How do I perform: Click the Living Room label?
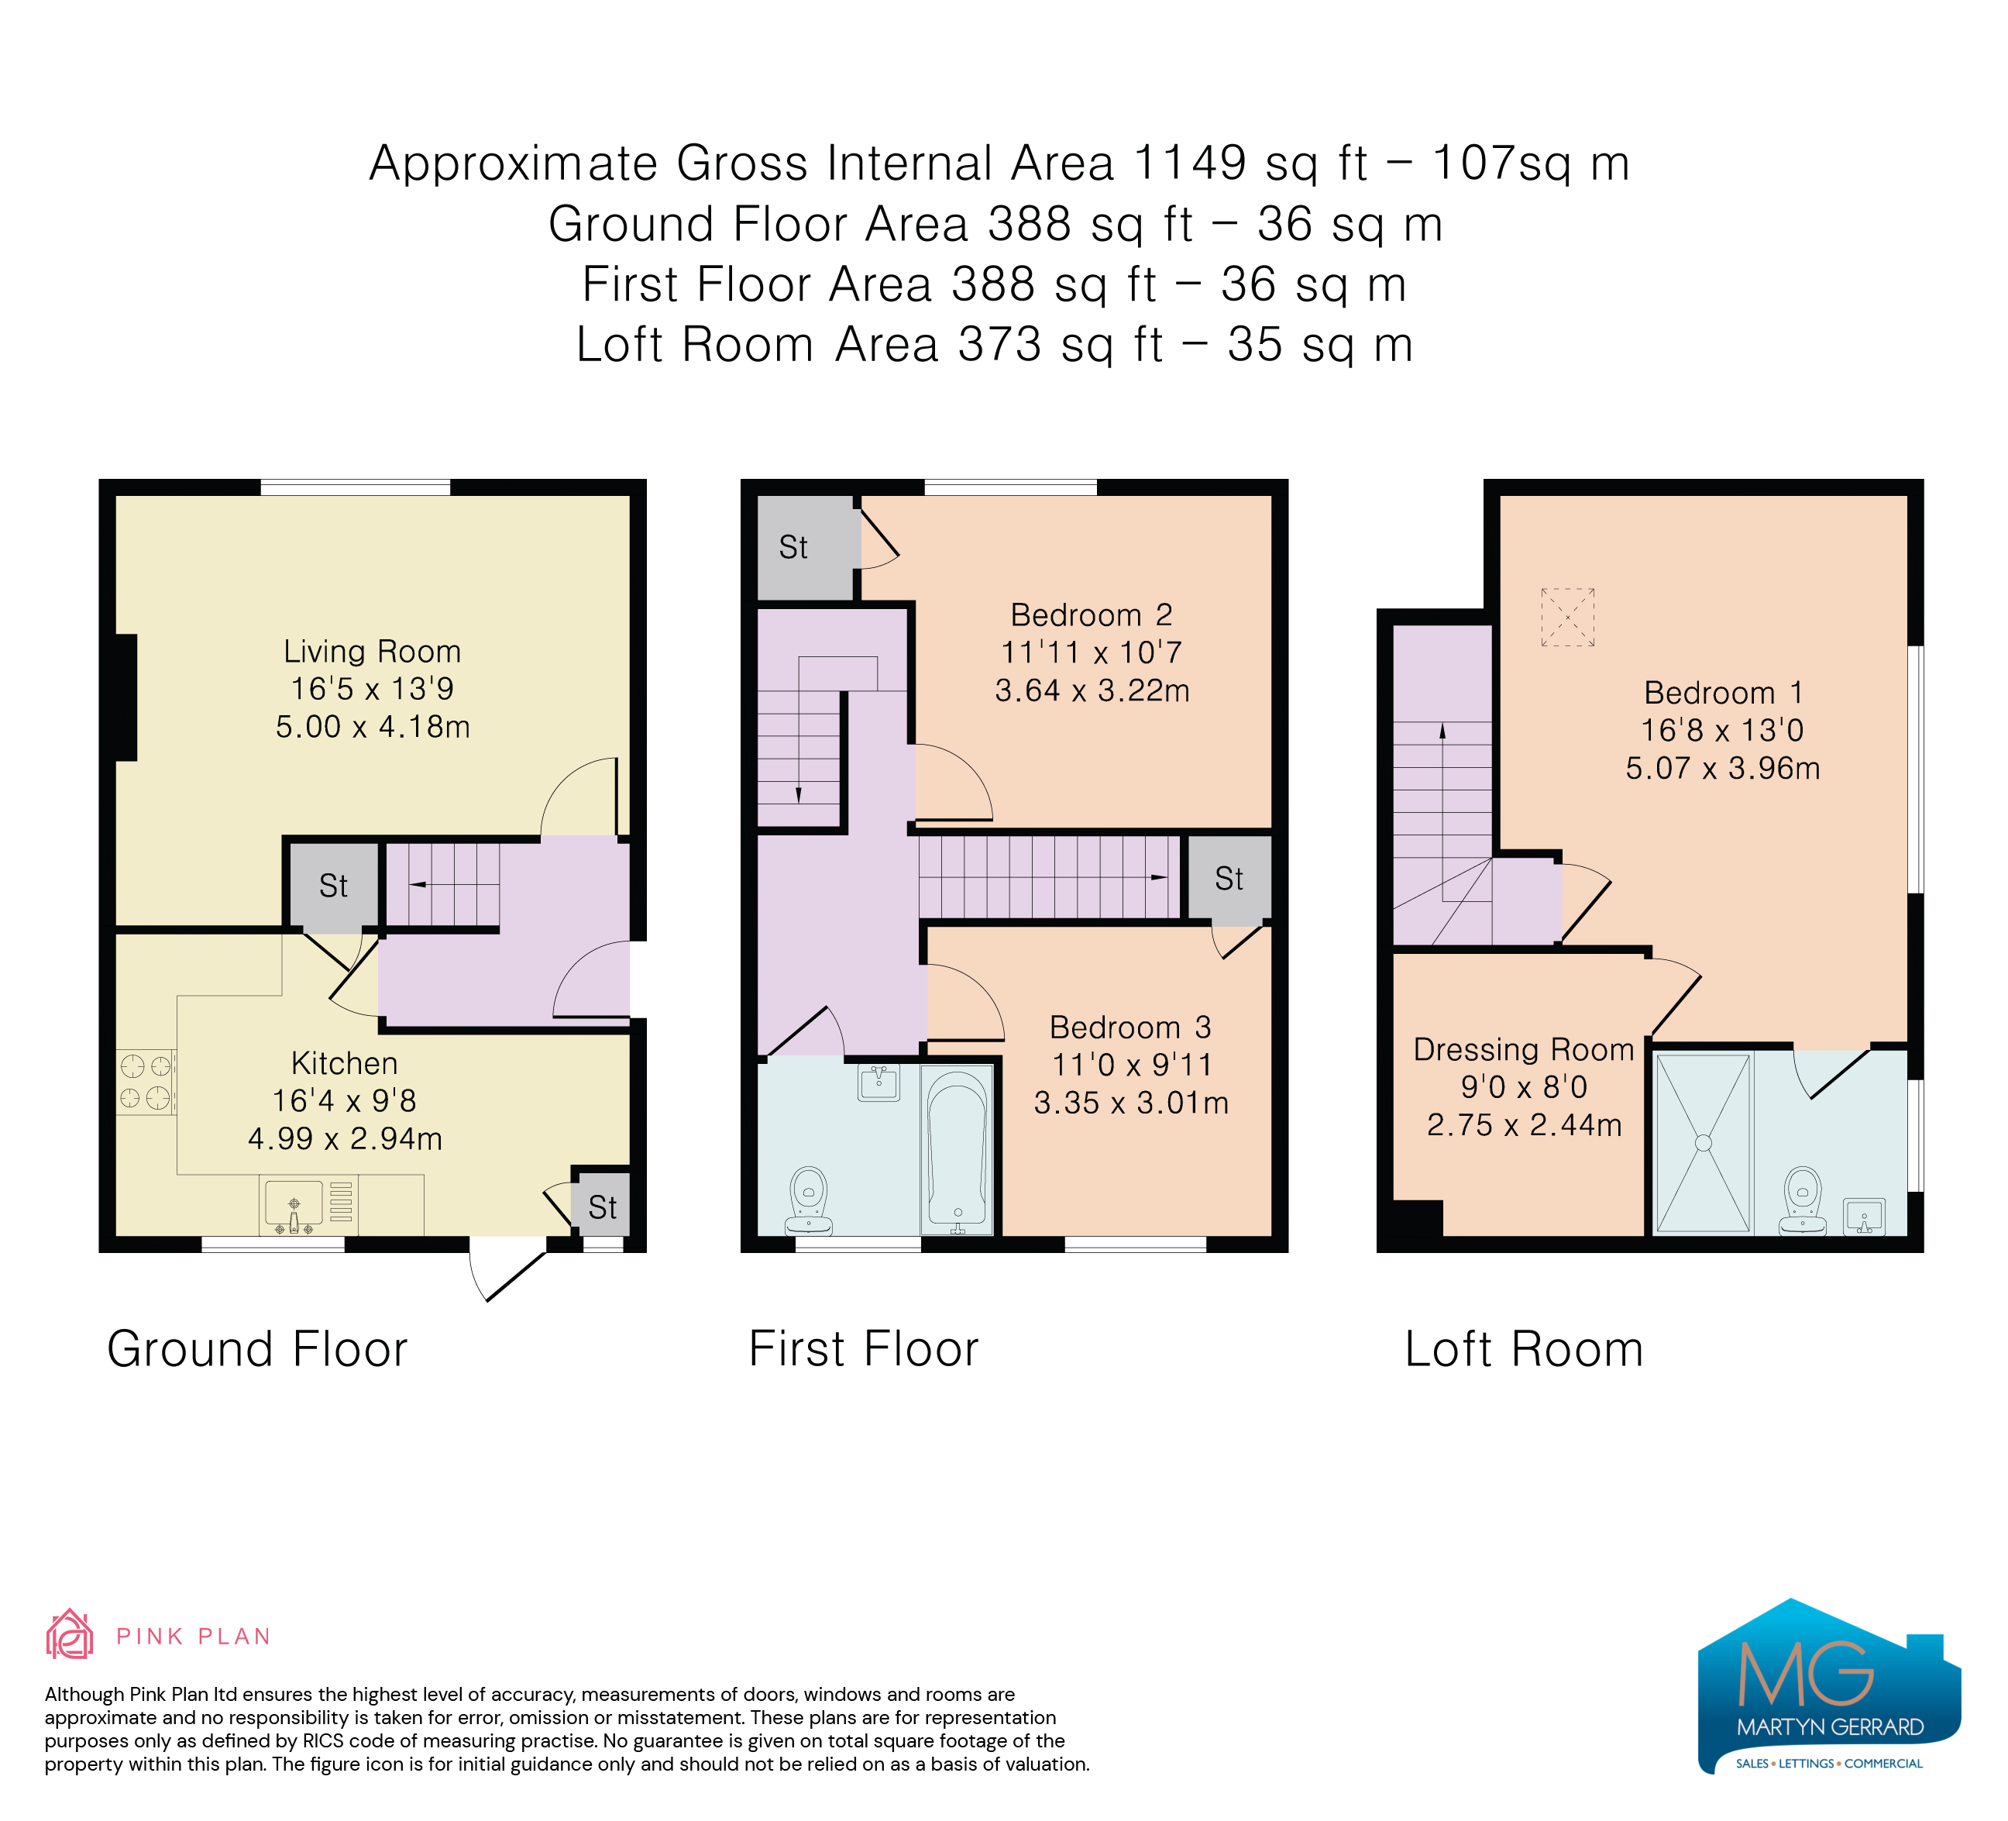point(373,652)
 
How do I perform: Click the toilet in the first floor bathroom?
point(809,1200)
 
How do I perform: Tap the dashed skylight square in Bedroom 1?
point(1568,618)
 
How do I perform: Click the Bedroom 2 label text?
point(1092,614)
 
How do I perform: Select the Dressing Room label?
point(1524,1049)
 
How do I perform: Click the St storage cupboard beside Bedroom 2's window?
point(805,548)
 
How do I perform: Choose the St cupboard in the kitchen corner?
point(602,1207)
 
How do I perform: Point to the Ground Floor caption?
point(257,1350)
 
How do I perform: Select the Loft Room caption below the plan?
point(1523,1350)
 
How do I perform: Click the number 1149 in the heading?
point(1189,163)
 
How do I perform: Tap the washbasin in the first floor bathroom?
point(878,1082)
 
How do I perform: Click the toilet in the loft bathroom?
point(1802,1200)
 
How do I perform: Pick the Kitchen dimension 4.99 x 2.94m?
point(345,1138)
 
